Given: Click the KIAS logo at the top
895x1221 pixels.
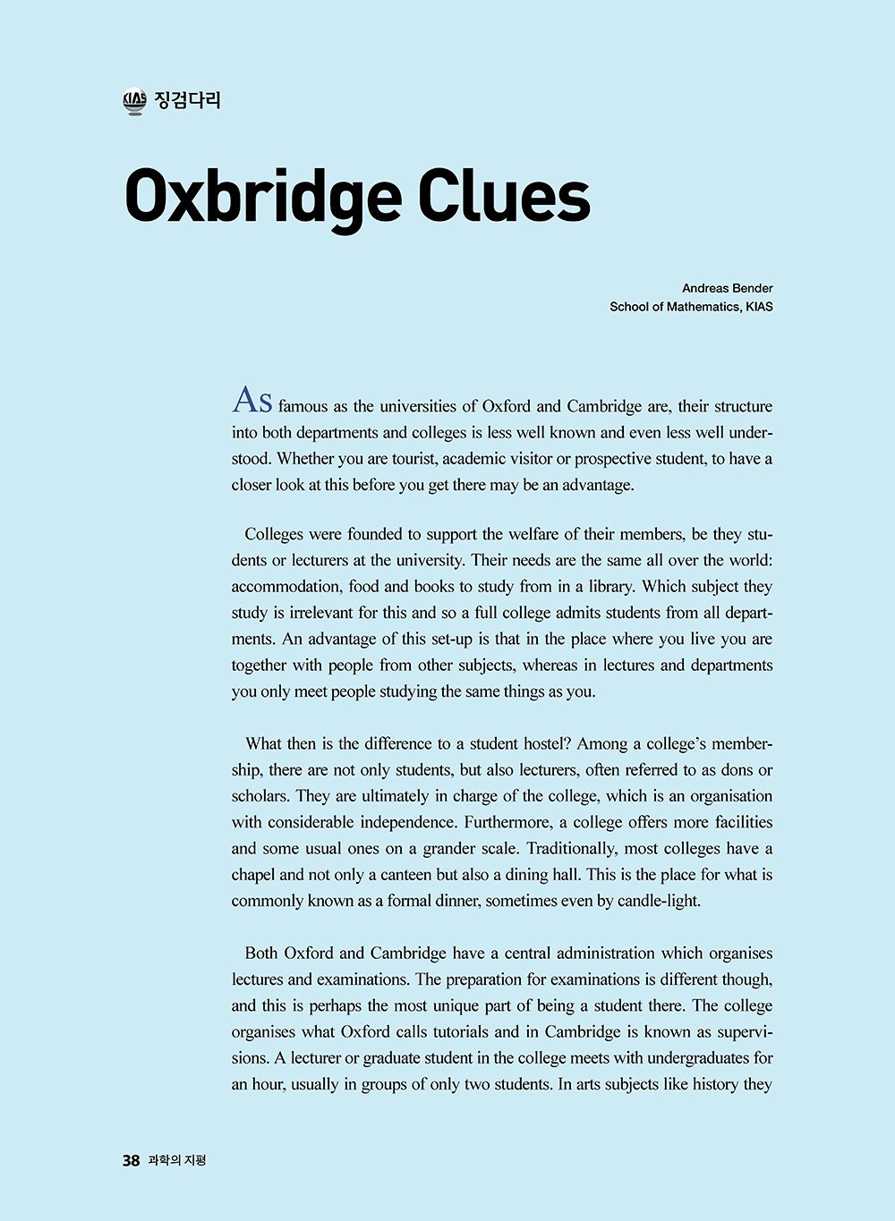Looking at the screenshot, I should coord(134,101).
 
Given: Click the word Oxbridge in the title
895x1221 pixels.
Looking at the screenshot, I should coord(262,197).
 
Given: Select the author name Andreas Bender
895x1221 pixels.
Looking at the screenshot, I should coord(727,288).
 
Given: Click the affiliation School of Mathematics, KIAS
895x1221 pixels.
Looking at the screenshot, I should coord(691,307).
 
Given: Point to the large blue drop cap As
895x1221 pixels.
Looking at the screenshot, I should coord(252,401).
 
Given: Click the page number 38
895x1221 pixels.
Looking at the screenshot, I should coord(131,1160).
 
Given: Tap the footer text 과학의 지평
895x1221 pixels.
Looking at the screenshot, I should coord(177,1160).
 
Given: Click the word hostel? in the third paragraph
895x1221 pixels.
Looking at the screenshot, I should coord(543,744).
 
